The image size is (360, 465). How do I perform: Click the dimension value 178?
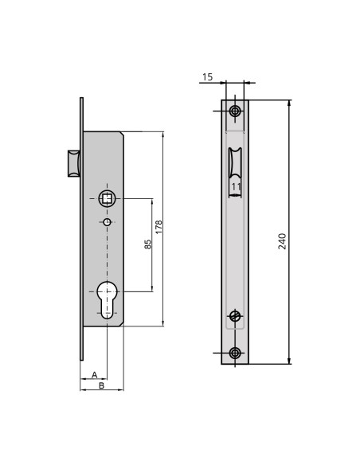click(x=158, y=228)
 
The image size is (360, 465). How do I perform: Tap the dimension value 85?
click(x=147, y=244)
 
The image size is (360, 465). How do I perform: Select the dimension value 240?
click(x=283, y=241)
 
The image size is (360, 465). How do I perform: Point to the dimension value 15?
click(x=208, y=77)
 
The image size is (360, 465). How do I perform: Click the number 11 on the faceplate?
click(x=236, y=186)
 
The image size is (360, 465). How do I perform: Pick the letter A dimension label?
click(x=94, y=374)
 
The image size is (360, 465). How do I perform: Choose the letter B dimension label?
click(x=101, y=385)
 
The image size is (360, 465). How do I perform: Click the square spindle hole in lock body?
click(x=107, y=197)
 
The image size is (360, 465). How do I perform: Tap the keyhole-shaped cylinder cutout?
click(x=107, y=298)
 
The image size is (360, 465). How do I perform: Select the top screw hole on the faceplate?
click(x=235, y=111)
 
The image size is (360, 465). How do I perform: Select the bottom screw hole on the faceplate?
click(x=235, y=353)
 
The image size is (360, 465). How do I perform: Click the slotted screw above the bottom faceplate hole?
click(x=235, y=316)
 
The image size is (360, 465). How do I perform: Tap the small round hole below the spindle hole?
click(x=107, y=222)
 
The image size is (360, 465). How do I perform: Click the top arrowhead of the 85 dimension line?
click(x=151, y=200)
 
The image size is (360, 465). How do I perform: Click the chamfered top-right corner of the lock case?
click(x=121, y=134)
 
